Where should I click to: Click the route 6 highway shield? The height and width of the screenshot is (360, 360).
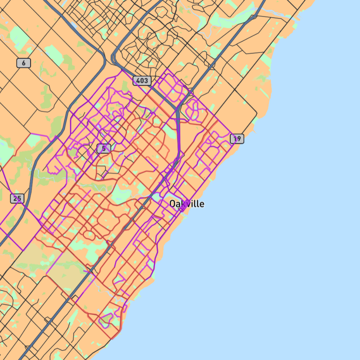24,63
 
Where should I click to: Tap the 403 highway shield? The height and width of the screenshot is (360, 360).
142,81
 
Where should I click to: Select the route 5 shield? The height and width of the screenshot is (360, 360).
104,149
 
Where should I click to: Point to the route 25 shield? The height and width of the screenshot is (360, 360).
17,199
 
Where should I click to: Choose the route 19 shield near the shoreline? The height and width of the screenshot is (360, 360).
237,139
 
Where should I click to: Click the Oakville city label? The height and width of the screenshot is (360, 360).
187,204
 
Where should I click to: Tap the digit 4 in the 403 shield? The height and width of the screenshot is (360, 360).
138,81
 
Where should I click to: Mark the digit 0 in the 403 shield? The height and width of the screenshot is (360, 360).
142,81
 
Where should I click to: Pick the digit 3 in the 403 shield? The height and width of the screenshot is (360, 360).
146,81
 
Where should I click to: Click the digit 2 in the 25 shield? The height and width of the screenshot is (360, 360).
15,199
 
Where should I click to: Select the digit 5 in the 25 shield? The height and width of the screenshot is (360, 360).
19,199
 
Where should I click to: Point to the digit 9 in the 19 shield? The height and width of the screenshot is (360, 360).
239,139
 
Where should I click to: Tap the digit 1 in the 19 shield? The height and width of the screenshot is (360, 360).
235,139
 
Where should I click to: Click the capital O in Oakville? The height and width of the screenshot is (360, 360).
173,204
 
